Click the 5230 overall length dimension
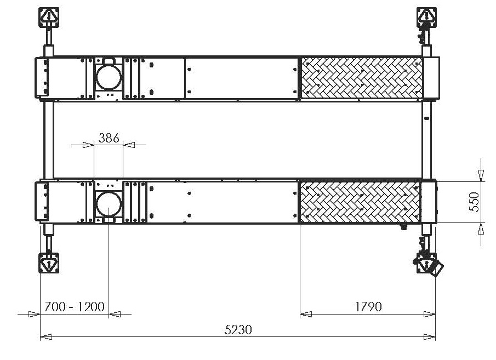tap(238, 330)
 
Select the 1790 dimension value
tap(368, 306)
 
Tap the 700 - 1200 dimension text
tap(75, 306)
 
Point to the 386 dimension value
tap(109, 138)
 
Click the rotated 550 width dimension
tap(475, 202)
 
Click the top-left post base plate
tap(49, 18)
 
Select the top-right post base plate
tap(426, 18)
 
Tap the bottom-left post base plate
tap(49, 262)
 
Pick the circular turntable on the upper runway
tap(109, 77)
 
